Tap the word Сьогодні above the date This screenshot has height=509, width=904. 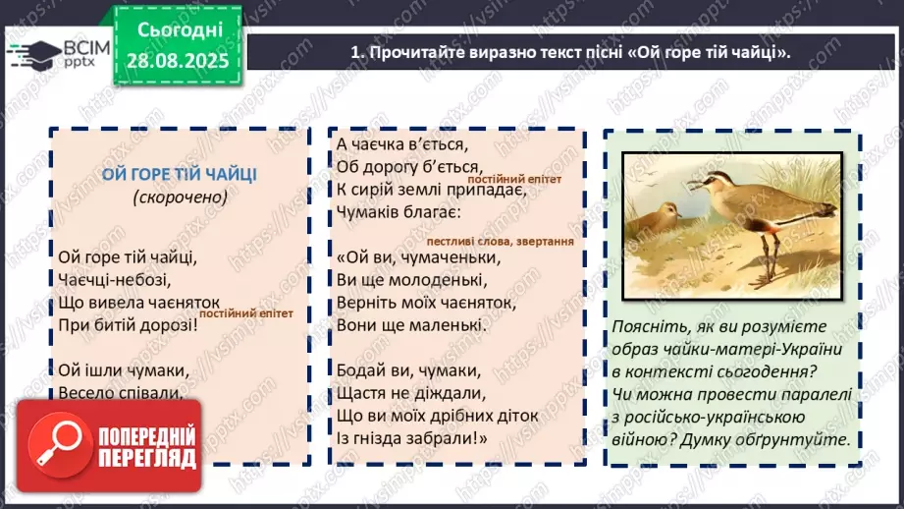(x=181, y=31)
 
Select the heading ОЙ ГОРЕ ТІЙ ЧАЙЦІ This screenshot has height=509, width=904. (x=179, y=174)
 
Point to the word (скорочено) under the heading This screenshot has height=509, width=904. (x=180, y=197)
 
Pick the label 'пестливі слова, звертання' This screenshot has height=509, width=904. (x=500, y=241)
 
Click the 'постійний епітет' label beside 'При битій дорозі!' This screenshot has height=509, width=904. (x=254, y=313)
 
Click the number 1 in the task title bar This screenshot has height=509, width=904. (x=355, y=52)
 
